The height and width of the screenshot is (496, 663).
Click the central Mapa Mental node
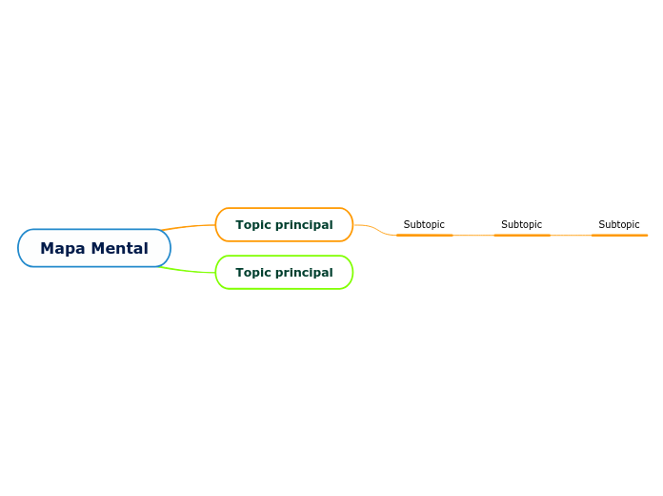94,248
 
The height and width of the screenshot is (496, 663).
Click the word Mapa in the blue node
63,248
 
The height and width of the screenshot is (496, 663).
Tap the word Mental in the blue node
120,248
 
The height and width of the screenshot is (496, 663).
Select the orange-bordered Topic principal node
284,225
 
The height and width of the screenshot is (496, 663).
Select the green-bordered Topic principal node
284,273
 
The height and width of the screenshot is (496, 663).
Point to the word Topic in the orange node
253,225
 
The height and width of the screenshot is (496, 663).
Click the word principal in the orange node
304,225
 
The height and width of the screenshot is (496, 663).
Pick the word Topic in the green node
253,273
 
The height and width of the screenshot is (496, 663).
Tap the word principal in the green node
304,273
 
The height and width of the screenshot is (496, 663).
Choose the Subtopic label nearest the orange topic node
424,225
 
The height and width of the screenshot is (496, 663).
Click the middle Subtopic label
521,225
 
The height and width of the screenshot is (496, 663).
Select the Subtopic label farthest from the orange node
619,225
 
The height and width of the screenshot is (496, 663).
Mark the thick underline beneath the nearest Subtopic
424,235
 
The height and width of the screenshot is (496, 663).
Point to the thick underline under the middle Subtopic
522,235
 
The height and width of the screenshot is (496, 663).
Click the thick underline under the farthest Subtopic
619,235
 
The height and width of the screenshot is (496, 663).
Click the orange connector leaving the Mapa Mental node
191,226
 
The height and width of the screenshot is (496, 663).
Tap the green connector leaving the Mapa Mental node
191,271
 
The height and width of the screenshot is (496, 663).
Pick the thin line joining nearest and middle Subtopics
473,235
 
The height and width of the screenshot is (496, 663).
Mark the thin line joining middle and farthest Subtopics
571,235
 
